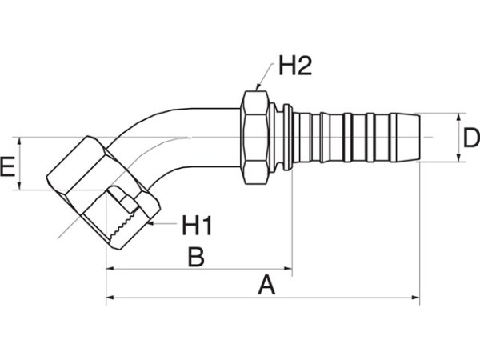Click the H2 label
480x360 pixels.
point(294,66)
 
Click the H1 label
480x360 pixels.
point(197,226)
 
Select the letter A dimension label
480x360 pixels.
point(266,285)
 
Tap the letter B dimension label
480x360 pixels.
point(196,257)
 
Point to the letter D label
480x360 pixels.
point(471,138)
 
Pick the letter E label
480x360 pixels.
point(8,166)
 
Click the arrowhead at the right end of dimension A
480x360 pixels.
point(416,298)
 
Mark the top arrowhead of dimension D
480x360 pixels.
point(459,118)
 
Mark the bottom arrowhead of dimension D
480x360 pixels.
point(459,158)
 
